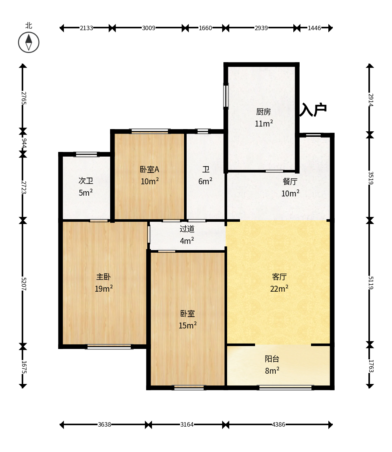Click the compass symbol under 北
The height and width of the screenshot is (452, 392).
[29, 42]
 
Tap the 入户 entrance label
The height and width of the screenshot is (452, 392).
[313, 110]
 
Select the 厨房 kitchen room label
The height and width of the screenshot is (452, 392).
[264, 112]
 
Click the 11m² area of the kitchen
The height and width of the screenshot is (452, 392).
[264, 124]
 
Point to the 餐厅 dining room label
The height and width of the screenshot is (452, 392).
[290, 181]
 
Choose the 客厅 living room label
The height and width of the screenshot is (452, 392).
[279, 277]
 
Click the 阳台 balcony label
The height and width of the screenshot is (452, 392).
[272, 359]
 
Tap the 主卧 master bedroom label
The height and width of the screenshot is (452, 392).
[103, 277]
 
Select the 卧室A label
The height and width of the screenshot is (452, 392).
[149, 170]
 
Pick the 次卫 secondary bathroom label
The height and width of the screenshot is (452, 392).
[86, 181]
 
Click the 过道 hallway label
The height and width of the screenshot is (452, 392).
[187, 229]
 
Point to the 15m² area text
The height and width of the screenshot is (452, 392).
[188, 325]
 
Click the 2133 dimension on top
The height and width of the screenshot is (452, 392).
[86, 28]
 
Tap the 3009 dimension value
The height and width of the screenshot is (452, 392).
[149, 28]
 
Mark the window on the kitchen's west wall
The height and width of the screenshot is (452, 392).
[226, 96]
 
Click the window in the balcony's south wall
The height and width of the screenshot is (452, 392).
[285, 388]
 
